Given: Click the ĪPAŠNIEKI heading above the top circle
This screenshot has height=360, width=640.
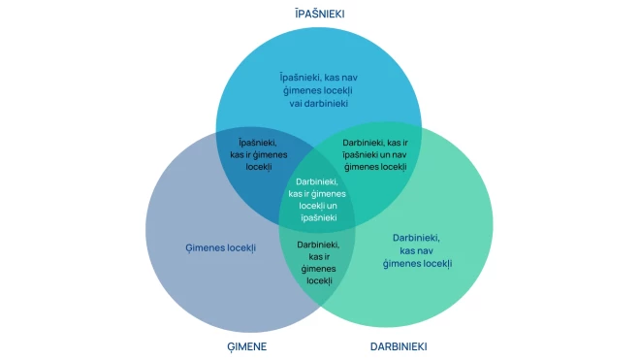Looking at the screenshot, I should [x=319, y=14].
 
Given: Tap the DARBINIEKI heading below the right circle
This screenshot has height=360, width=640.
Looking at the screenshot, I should [x=399, y=346].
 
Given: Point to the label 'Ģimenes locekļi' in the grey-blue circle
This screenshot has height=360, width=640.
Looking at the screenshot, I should [x=220, y=248].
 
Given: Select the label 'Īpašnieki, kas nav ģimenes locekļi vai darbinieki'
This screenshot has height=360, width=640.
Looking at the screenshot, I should [x=318, y=89].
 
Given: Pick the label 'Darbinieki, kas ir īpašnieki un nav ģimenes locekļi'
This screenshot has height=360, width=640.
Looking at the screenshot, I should [x=374, y=154].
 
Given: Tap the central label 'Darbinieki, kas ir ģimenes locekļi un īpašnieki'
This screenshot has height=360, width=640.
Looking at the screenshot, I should [x=317, y=199].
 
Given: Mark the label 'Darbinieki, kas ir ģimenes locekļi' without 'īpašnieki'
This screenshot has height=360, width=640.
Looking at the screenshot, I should [x=318, y=262].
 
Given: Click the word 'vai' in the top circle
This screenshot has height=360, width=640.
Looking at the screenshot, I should [x=297, y=103].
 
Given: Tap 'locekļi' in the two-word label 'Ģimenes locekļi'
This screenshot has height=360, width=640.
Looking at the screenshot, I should [x=239, y=248].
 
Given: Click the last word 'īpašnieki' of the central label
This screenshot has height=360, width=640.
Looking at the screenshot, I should [x=317, y=217].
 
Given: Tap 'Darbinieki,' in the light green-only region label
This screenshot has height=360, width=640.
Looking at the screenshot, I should [x=417, y=238].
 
